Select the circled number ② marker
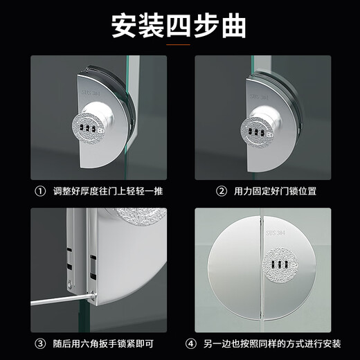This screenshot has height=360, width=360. (222, 190)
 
